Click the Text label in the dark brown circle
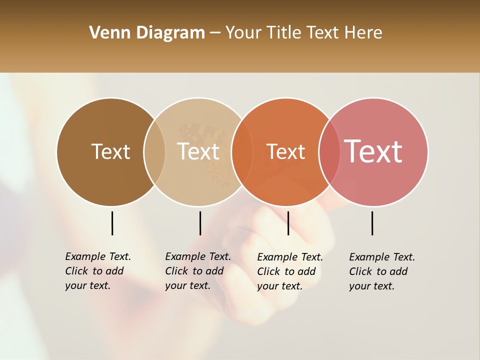(x=110, y=151)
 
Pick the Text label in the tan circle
(x=198, y=151)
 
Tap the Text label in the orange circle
(x=285, y=151)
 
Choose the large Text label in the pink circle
(x=373, y=151)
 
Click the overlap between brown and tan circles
(x=154, y=152)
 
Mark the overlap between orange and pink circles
(x=329, y=152)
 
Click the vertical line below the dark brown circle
(x=112, y=223)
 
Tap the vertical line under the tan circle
(x=200, y=223)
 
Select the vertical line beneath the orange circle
(x=288, y=223)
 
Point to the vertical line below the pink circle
(x=372, y=223)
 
